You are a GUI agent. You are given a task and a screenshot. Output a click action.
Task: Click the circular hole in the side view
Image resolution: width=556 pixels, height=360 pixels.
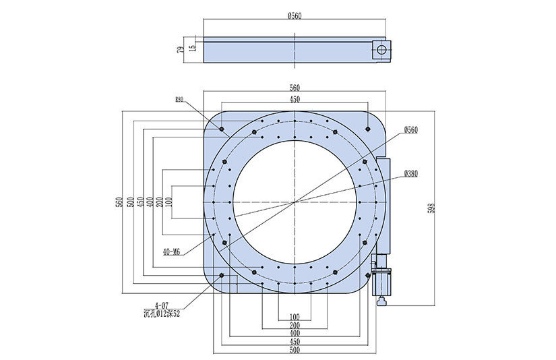click(381, 49)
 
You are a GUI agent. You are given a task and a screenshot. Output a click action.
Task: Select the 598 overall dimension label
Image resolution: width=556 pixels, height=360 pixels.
click(432, 208)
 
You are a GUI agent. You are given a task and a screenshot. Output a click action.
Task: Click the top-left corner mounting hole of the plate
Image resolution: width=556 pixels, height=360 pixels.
click(222, 127)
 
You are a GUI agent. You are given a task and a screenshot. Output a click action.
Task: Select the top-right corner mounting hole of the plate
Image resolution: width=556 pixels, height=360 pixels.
click(367, 127)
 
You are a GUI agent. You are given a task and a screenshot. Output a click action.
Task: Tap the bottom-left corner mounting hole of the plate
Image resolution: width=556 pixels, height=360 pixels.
click(222, 275)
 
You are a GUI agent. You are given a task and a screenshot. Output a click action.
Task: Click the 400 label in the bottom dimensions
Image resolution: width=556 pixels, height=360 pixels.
click(295, 333)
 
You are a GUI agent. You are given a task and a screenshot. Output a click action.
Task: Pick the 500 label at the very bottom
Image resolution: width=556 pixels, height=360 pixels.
click(295, 351)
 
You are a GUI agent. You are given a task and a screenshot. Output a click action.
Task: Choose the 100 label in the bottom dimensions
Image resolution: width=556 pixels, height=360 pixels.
click(295, 316)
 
